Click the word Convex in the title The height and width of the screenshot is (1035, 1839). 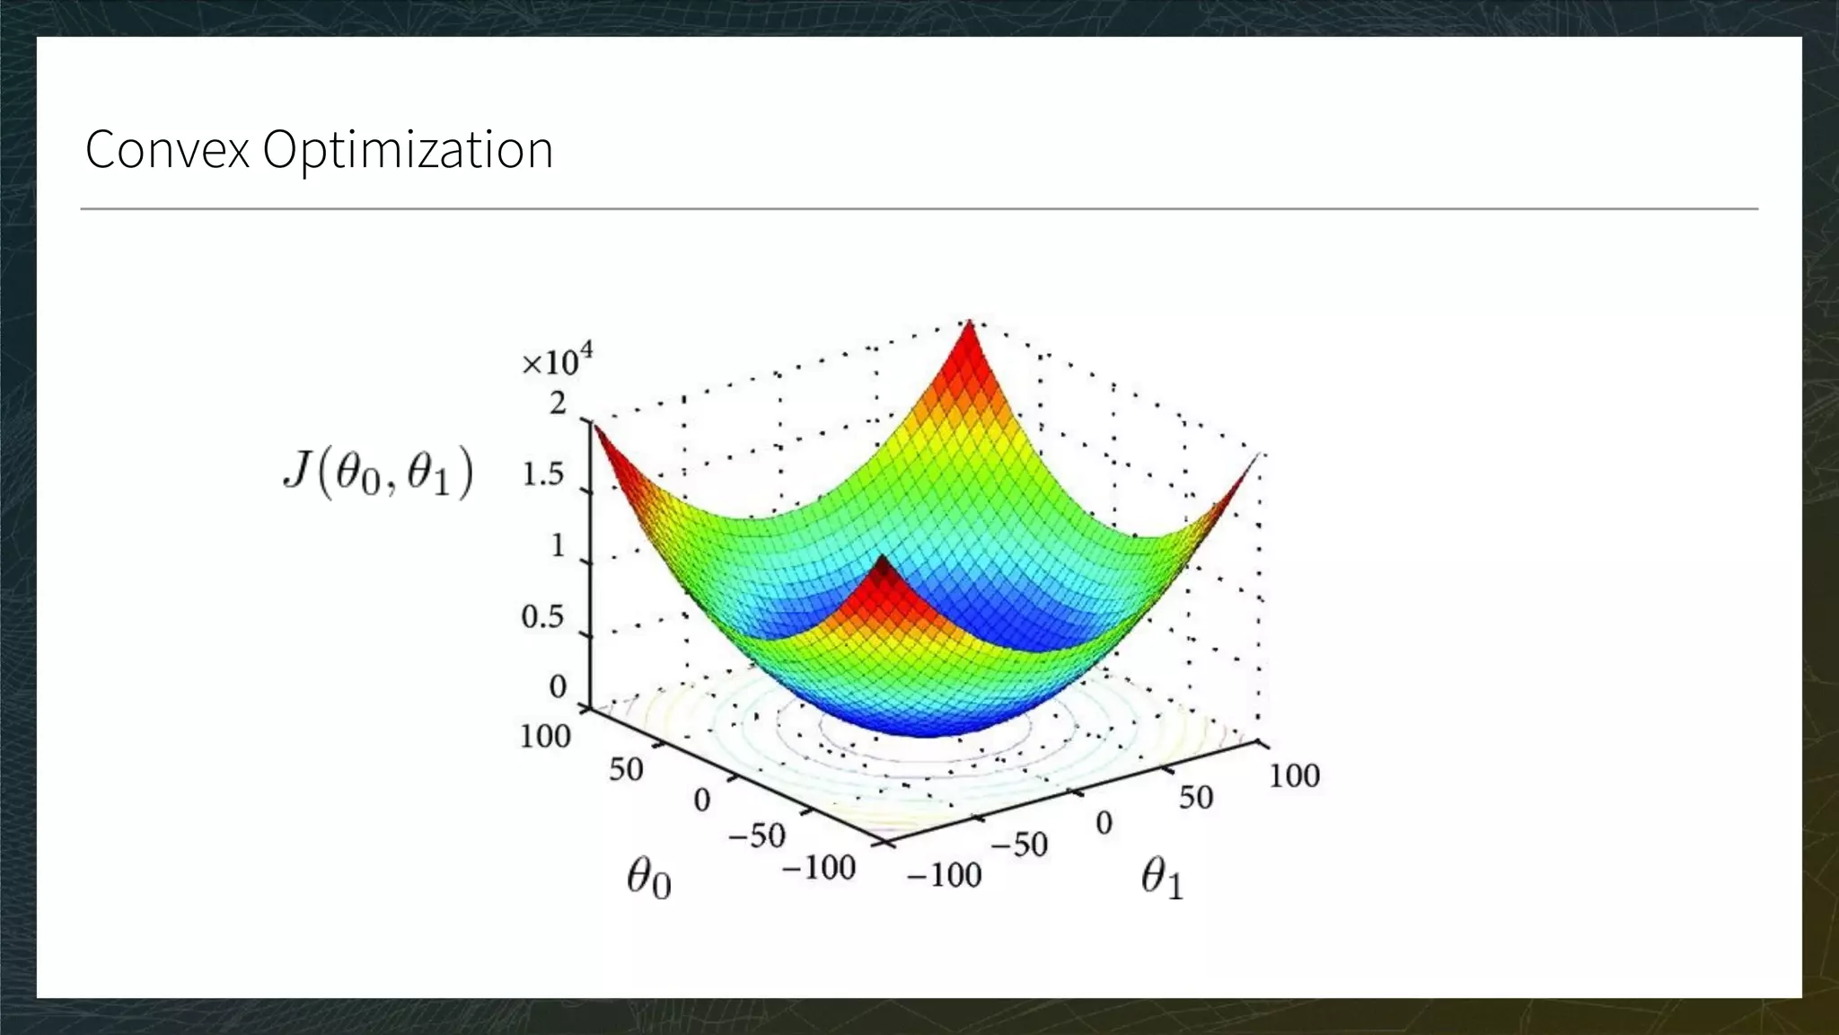(x=167, y=149)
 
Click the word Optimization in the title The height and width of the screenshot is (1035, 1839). (x=408, y=149)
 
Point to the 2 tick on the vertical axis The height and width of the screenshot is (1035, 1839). (x=559, y=403)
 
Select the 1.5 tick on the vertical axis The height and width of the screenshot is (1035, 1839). (x=543, y=474)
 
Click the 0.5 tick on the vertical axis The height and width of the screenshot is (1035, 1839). (x=542, y=617)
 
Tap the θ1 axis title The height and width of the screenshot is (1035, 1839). (x=1162, y=878)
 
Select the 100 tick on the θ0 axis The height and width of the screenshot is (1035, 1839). (x=545, y=737)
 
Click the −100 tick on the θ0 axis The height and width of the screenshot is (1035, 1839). (x=818, y=868)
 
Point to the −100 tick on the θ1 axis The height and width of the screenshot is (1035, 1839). (x=944, y=874)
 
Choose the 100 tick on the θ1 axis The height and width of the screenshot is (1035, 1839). (x=1294, y=775)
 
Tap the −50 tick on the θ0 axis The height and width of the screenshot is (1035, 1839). (x=756, y=836)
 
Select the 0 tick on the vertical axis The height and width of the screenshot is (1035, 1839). (x=558, y=686)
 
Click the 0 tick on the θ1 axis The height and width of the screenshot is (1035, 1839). (x=1104, y=822)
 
